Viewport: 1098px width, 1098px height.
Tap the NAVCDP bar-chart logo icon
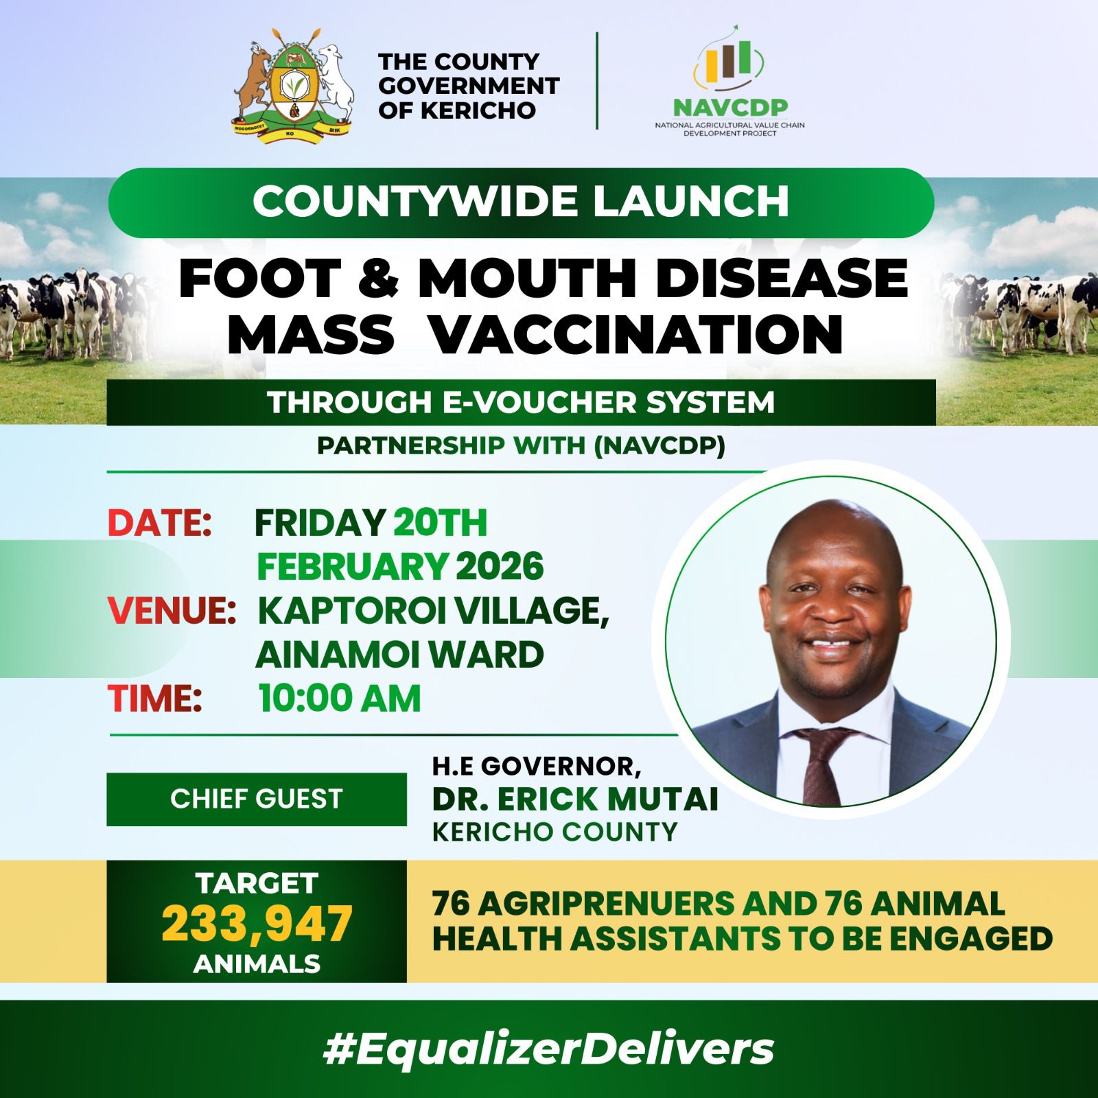pos(729,67)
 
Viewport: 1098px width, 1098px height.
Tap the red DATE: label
pos(159,523)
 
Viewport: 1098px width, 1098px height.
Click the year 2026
pos(500,568)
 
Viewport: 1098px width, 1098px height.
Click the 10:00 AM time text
pos(340,699)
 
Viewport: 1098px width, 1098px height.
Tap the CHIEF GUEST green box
pos(257,799)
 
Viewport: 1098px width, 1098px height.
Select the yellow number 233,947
pos(257,924)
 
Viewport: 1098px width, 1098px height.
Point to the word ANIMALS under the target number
pos(257,964)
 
